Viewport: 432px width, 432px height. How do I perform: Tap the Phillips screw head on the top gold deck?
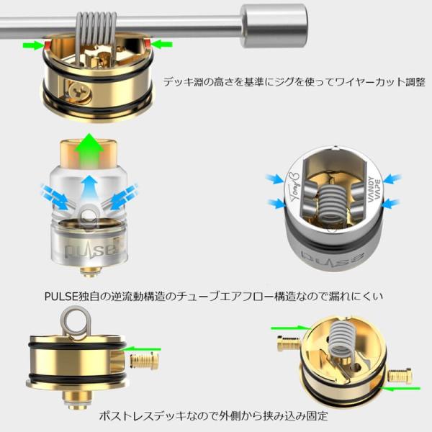coord(78,91)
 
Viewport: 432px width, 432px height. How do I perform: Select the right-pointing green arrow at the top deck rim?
coord(32,45)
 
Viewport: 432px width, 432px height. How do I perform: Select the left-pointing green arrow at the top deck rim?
coord(162,45)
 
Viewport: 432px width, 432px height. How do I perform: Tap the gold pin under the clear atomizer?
coord(89,271)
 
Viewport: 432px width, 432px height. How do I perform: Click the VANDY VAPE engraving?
coord(372,191)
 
